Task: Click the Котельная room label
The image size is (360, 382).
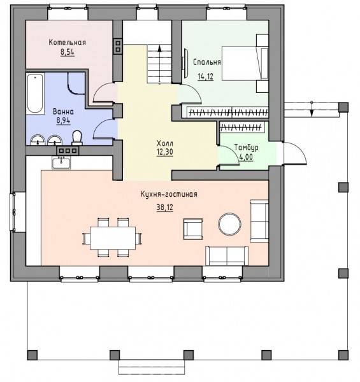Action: point(68,43)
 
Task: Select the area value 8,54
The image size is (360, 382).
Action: point(68,52)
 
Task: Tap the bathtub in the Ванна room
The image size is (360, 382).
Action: point(35,94)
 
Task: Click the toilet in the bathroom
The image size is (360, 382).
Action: point(77,138)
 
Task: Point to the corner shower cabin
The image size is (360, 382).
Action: point(76,83)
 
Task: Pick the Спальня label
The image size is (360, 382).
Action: point(207,62)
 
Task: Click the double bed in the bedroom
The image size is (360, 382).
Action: point(245,63)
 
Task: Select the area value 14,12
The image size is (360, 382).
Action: point(205,77)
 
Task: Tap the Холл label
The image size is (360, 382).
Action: point(165,143)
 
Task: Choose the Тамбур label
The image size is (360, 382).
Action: point(246,148)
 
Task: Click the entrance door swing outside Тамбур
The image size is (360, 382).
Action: point(294,153)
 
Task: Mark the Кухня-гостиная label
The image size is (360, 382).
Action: point(169,194)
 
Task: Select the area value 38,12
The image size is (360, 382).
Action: point(165,208)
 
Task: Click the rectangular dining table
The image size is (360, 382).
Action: point(113,238)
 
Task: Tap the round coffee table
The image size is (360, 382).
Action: point(230,224)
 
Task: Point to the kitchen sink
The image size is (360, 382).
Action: point(61,162)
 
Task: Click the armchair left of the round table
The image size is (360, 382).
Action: point(193,229)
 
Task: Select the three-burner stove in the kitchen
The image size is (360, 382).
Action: point(68,150)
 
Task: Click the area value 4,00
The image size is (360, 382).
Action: point(246,157)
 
